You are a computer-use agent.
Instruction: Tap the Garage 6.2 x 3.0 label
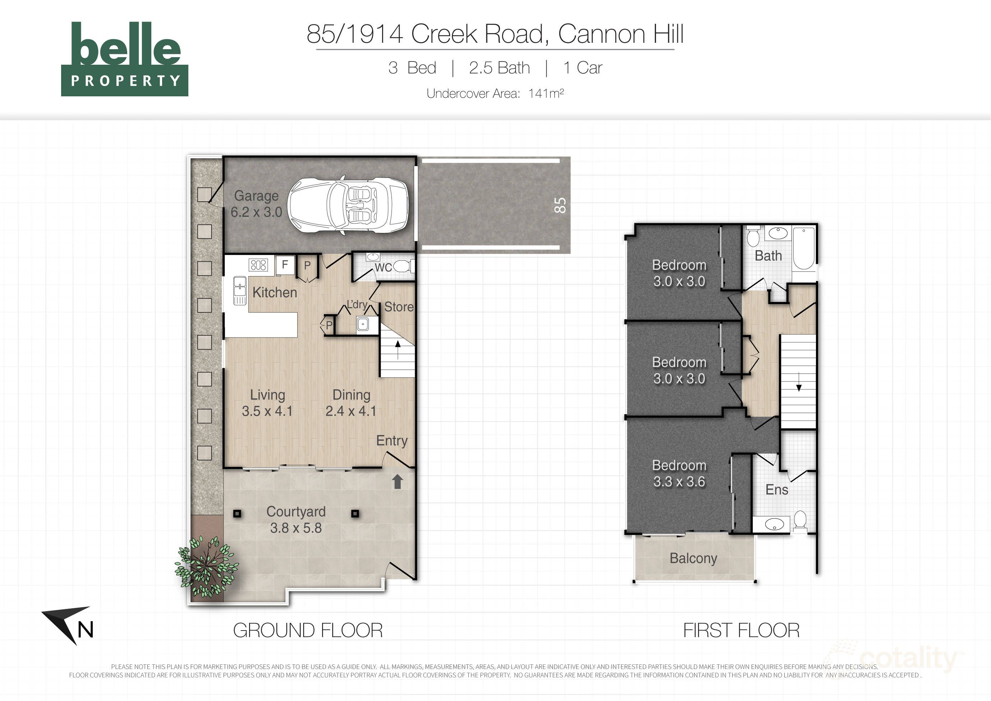click(x=256, y=204)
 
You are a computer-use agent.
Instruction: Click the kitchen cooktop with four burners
click(x=258, y=265)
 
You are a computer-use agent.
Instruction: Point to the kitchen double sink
click(x=239, y=290)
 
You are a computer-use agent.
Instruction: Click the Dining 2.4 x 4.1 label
click(x=351, y=403)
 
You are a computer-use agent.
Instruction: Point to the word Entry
click(x=391, y=441)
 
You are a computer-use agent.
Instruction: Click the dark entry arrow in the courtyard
click(x=397, y=482)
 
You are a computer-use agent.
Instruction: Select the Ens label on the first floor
click(x=776, y=490)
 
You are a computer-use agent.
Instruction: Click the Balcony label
click(x=693, y=558)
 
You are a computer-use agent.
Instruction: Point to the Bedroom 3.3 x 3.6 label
click(x=679, y=473)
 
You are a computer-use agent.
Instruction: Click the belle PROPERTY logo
click(x=125, y=59)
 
